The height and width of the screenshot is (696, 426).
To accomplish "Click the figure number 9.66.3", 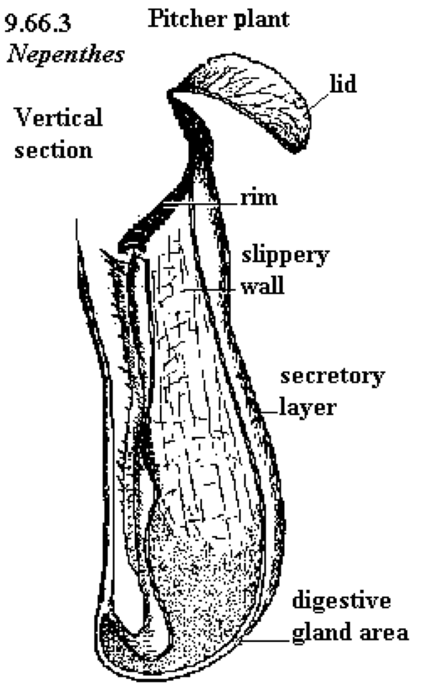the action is [x=38, y=24].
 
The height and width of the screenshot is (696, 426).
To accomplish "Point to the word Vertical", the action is [x=59, y=117].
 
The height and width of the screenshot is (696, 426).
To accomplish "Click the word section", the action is [x=54, y=150].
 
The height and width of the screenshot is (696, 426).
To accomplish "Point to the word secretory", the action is [x=333, y=377].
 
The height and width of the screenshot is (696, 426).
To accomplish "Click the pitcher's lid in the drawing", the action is [x=246, y=99].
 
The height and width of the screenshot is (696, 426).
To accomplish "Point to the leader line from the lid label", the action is [x=319, y=101].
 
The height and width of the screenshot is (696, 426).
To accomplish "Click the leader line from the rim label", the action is [x=201, y=204].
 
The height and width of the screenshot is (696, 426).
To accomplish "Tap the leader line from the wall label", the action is [x=210, y=291].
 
